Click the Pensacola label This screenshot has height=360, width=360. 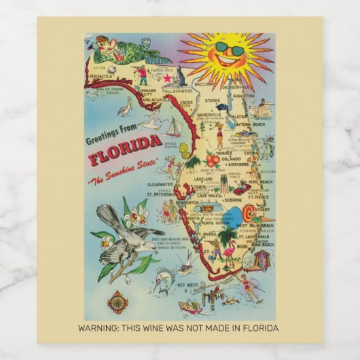click(101, 77)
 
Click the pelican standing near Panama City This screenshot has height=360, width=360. click(124, 107)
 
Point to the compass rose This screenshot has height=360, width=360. click(118, 300)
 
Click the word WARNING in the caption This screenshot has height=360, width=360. click(98, 328)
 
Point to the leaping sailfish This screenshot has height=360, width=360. click(162, 278)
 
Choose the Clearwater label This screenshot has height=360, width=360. click(142, 183)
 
